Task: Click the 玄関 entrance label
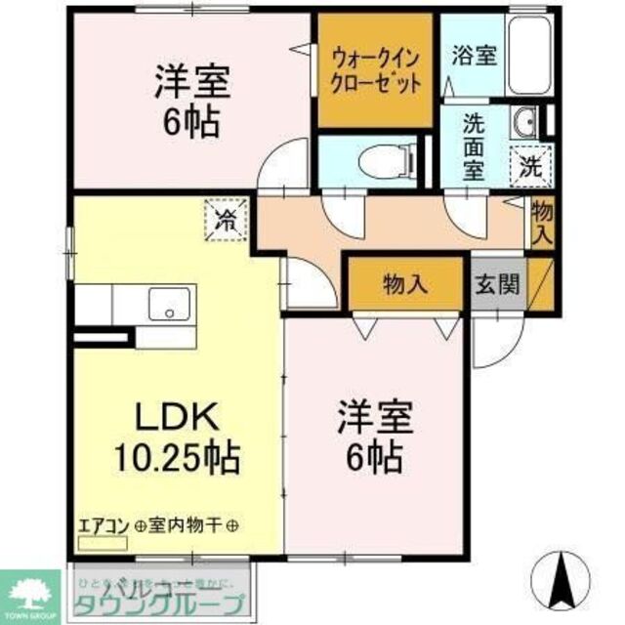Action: click(x=498, y=284)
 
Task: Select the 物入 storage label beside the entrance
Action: click(x=405, y=284)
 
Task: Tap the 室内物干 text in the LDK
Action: click(x=188, y=525)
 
